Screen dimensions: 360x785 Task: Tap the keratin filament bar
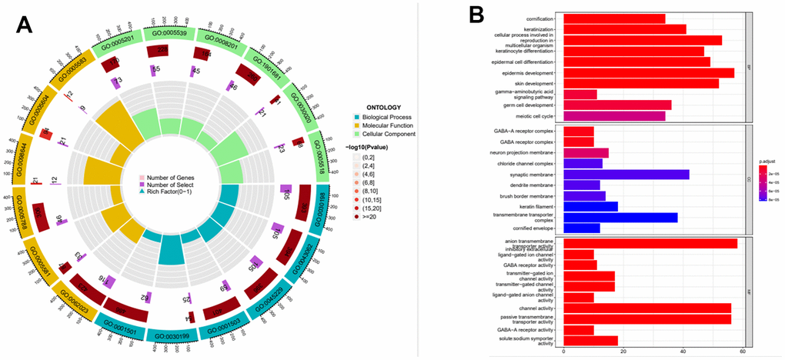[x=590, y=206]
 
